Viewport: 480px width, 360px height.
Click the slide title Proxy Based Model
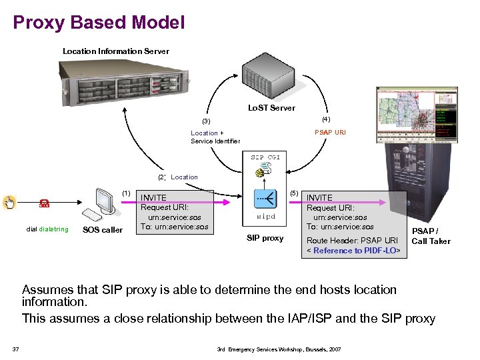99,23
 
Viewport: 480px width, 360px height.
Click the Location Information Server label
115,51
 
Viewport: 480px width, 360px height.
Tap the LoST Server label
271,107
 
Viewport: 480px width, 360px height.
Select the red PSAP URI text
330,133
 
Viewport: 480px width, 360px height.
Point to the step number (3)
206,121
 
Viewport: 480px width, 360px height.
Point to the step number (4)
325,119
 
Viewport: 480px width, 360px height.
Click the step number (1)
126,193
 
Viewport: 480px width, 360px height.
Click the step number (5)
294,193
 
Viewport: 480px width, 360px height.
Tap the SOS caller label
102,231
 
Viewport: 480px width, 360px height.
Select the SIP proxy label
265,238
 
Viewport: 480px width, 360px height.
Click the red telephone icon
44,204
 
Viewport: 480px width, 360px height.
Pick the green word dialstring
53,230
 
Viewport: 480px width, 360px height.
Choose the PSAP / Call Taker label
431,236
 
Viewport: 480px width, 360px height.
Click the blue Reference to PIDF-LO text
356,251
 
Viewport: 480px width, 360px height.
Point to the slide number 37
15,349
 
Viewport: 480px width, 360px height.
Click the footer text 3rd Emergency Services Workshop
279,349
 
